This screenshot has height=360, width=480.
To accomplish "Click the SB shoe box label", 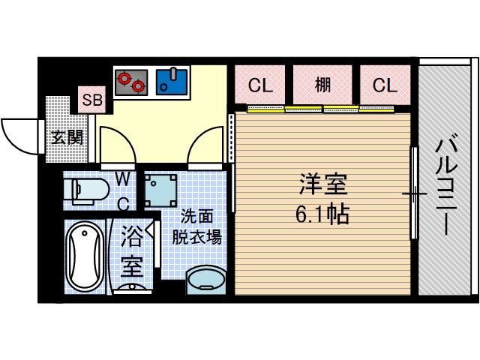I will tap(93, 100).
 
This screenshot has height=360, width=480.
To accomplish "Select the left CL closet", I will tap(259, 85).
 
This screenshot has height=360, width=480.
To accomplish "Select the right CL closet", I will tap(384, 85).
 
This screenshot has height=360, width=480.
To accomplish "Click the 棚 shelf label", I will tap(322, 85).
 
